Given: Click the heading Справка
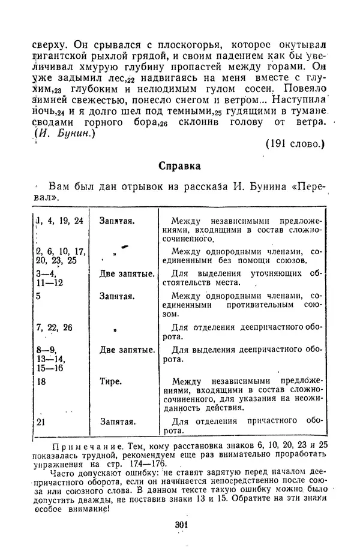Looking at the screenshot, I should tap(179, 165).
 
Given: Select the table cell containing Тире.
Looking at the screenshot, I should tap(112, 381).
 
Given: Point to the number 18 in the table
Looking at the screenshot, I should tap(41, 381).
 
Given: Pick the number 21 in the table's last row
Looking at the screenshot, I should tap(41, 421).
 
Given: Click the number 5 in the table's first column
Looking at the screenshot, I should tap(38, 296).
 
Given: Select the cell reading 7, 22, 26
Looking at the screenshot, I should tap(55, 327).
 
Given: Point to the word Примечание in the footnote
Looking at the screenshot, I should tap(74, 446).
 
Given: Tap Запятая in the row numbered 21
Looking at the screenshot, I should tap(116, 421).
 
